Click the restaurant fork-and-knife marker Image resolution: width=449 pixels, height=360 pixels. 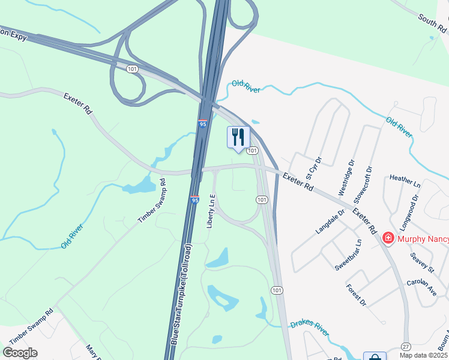(x=238, y=137)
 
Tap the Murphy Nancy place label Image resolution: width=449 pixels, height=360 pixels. (x=423, y=239)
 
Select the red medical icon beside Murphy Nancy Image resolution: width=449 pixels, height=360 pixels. (x=388, y=239)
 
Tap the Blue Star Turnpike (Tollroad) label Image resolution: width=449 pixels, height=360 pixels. (x=181, y=293)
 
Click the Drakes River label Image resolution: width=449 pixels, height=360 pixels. (x=310, y=328)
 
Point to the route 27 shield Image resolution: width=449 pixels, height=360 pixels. (x=407, y=347)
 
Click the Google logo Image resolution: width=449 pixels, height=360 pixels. (x=20, y=353)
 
